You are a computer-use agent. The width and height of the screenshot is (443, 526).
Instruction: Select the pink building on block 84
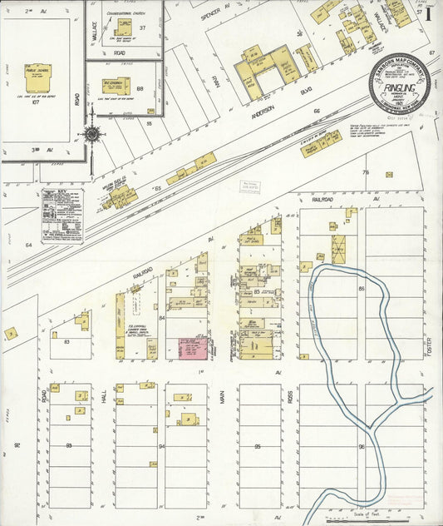193,348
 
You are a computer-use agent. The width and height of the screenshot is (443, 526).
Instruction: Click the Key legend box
62,216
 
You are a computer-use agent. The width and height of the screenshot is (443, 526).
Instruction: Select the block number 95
258,447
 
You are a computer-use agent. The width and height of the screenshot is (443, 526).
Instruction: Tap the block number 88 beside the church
140,89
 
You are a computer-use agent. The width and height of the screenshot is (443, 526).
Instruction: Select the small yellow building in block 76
389,175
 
